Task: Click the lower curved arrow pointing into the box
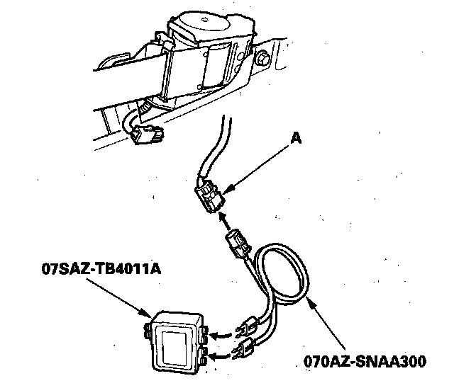[x=222, y=349]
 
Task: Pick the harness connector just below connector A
[x=236, y=245]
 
